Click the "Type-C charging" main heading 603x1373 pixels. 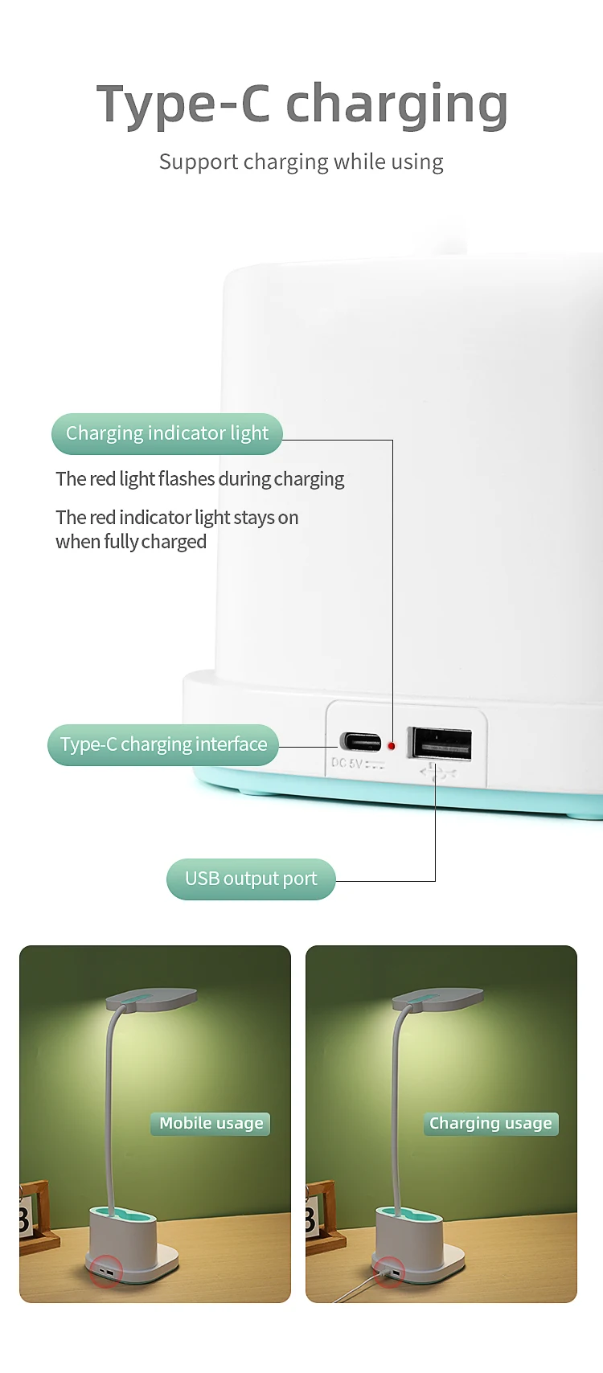(x=302, y=105)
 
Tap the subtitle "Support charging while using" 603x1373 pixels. (x=301, y=162)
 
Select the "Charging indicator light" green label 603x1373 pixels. (x=166, y=433)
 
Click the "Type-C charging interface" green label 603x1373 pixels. (x=163, y=744)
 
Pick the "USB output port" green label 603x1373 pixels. (x=251, y=879)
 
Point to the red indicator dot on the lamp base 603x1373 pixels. (x=392, y=746)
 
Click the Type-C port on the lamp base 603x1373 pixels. (x=360, y=742)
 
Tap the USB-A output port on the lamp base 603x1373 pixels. (x=440, y=744)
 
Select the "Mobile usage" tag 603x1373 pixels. (x=211, y=1124)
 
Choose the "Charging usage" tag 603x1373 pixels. (x=491, y=1124)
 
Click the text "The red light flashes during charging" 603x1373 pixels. (x=199, y=479)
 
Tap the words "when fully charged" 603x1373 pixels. (x=131, y=542)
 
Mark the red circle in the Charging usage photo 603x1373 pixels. (x=388, y=1272)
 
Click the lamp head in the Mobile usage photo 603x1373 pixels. (x=151, y=998)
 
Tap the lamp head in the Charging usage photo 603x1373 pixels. (x=437, y=998)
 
